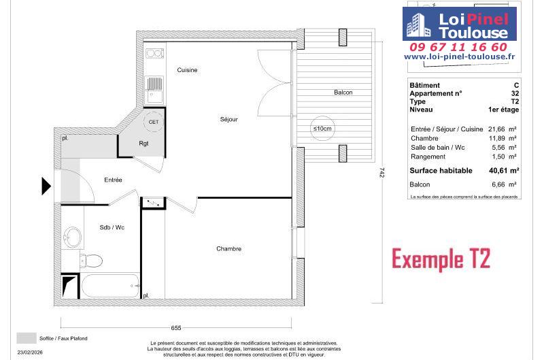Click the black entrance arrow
(x=46, y=186)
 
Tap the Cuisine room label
(x=187, y=70)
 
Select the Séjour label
(x=229, y=119)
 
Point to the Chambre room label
(x=228, y=249)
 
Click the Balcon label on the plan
(x=343, y=93)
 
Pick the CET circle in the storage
(x=154, y=122)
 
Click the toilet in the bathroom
(x=91, y=260)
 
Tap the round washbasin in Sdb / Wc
(x=73, y=238)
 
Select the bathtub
(x=110, y=286)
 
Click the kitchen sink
(x=155, y=91)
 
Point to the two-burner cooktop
(x=154, y=54)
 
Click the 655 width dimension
(x=176, y=328)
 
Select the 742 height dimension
(x=382, y=173)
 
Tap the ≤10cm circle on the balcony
(x=322, y=129)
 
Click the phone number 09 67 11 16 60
(x=458, y=47)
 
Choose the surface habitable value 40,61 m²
(x=504, y=170)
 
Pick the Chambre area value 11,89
(x=497, y=138)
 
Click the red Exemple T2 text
(x=441, y=259)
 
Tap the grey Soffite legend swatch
(x=27, y=338)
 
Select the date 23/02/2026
(x=30, y=353)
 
